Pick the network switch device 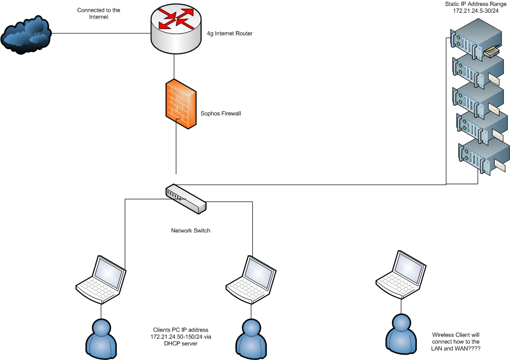[x=185, y=199]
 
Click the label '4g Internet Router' [x=230, y=33]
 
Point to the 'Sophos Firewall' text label [x=221, y=113]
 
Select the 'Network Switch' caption [x=190, y=230]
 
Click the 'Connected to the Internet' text [x=99, y=13]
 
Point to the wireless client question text [x=456, y=342]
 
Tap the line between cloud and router [x=101, y=34]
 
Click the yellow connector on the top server [x=491, y=53]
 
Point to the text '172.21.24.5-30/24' [x=476, y=11]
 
